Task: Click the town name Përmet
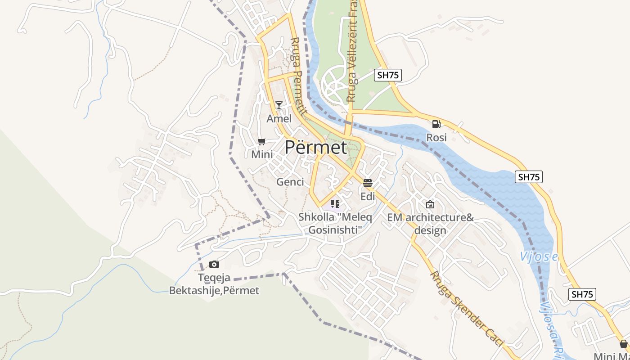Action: point(316,147)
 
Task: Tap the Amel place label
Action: point(279,119)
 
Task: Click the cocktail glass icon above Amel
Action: point(279,105)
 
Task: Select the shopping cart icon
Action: point(262,142)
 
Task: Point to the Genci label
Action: point(290,182)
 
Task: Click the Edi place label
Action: point(368,197)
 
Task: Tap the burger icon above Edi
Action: point(368,183)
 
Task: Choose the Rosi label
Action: point(436,137)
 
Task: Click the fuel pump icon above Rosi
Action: point(436,124)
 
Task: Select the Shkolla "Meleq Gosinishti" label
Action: point(335,224)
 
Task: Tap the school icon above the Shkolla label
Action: point(335,203)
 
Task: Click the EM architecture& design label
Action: point(431,224)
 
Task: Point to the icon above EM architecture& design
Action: point(430,204)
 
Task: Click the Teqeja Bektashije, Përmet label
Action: point(214,284)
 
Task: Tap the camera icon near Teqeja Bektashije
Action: point(214,265)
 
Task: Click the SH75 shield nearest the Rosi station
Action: point(387,75)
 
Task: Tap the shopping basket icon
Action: point(624,344)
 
